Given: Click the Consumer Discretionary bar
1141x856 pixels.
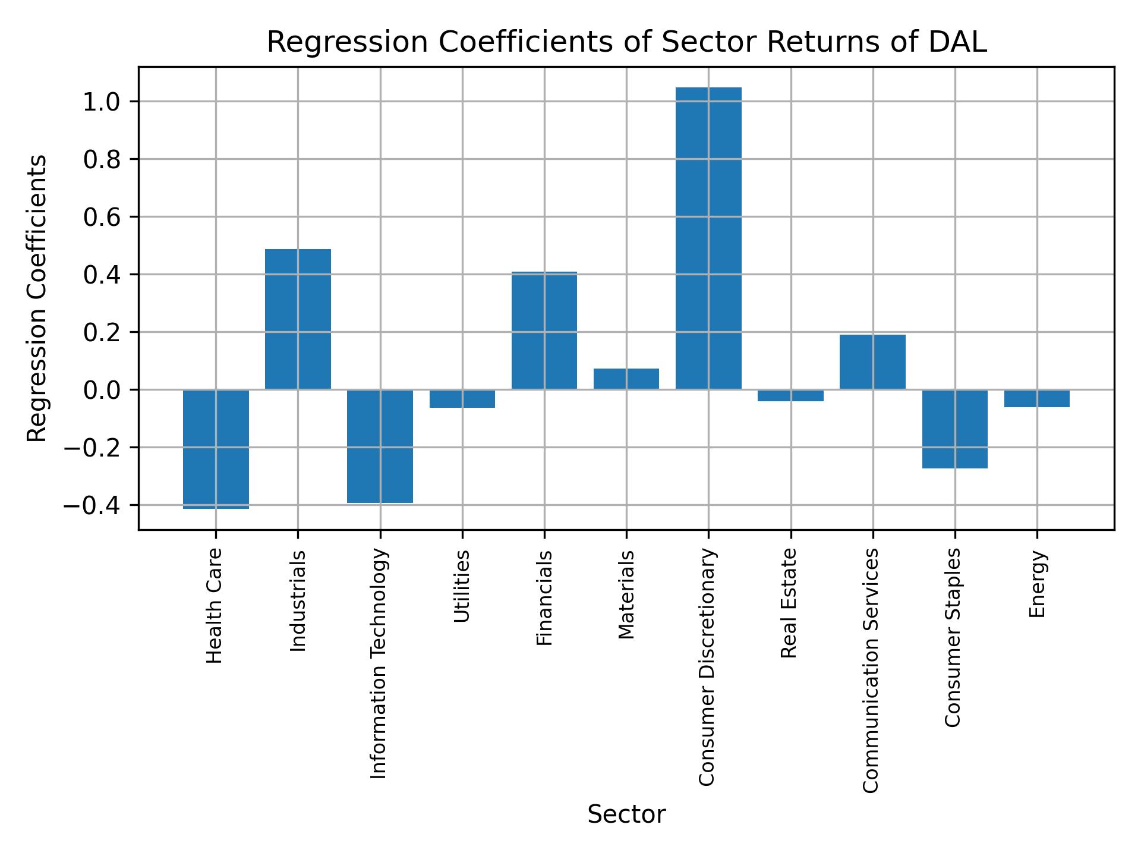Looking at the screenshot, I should click(708, 238).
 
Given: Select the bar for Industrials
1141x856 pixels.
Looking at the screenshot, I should click(298, 319).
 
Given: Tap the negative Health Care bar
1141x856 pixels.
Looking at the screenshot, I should click(216, 449).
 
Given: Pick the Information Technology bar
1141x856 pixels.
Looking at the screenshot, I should click(380, 446).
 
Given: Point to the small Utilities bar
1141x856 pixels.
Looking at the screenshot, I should click(462, 399).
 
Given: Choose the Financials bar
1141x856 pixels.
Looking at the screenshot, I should click(544, 331).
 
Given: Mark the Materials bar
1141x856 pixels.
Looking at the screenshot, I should click(626, 379).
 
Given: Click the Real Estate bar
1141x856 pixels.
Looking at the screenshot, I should click(790, 396).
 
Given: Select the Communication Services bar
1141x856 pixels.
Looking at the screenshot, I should click(872, 362).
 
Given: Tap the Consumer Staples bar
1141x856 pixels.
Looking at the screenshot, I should click(954, 429).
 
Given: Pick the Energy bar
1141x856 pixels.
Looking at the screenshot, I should click(1037, 398).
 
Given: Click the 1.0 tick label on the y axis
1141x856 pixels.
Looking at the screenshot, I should click(102, 102).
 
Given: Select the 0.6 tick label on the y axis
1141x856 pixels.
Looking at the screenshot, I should click(102, 218).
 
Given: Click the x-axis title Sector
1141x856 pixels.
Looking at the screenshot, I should click(626, 815).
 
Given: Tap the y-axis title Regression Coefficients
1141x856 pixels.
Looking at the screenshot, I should click(37, 298).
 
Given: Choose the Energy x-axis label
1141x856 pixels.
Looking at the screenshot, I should click(1037, 584).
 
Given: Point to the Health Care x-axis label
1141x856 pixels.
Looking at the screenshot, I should click(215, 606).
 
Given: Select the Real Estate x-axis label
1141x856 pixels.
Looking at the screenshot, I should click(789, 603).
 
